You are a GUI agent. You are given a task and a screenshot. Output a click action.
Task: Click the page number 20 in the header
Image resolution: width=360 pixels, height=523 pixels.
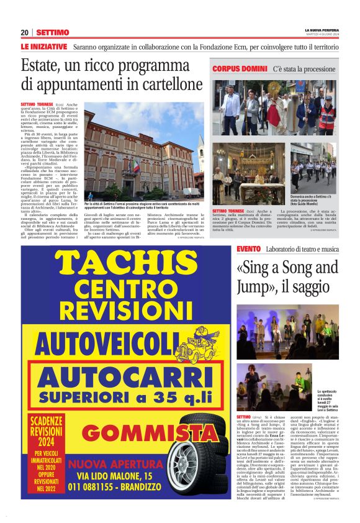click(x=24, y=32)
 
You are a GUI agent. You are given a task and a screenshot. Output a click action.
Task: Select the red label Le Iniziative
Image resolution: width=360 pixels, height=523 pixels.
click(x=43, y=47)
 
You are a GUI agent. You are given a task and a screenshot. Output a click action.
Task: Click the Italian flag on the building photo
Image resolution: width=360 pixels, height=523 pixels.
click(x=136, y=164)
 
